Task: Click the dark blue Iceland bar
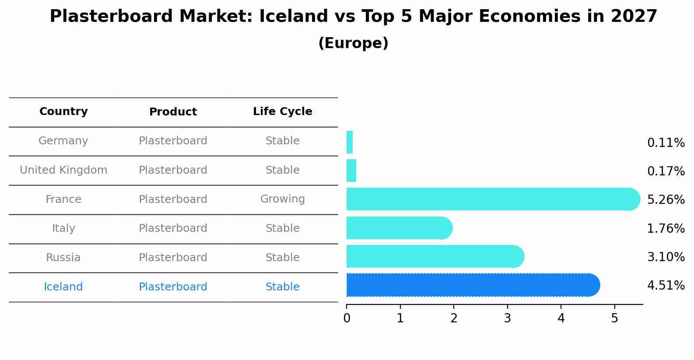point(473,285)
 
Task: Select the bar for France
point(493,199)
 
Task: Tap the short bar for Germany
point(350,142)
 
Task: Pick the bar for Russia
point(435,256)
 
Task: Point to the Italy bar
point(400,228)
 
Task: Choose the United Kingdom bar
point(351,171)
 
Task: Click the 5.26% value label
point(666,199)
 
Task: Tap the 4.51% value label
point(666,285)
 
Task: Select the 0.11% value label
point(666,143)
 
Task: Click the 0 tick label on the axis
point(347,318)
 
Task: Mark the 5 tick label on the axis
point(615,318)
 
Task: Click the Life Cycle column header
point(283,111)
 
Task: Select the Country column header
point(63,111)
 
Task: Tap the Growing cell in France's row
point(283,199)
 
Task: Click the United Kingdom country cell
point(63,170)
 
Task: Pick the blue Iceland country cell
point(63,287)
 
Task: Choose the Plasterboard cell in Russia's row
point(173,257)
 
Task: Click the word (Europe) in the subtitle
point(353,43)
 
